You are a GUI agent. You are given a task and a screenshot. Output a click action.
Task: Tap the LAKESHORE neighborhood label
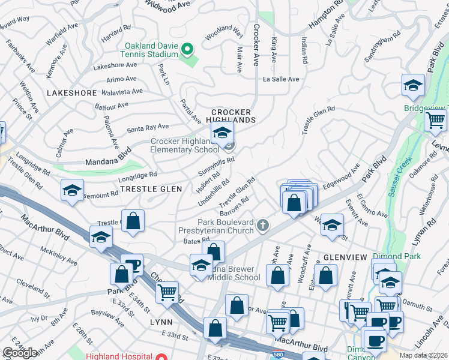[71, 94]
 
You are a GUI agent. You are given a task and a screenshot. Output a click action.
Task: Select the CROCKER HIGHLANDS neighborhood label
[233, 116]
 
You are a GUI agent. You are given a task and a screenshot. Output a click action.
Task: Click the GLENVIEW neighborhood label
[345, 257]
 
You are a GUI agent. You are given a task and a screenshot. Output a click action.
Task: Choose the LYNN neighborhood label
[161, 322]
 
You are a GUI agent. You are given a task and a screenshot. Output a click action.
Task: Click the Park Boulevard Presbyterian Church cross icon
[262, 226]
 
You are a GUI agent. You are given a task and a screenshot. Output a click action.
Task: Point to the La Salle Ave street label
[280, 79]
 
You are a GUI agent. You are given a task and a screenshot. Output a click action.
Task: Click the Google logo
[20, 353]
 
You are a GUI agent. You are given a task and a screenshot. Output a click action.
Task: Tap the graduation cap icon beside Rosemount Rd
[72, 191]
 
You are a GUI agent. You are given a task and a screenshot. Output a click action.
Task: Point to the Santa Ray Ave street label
[148, 128]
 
